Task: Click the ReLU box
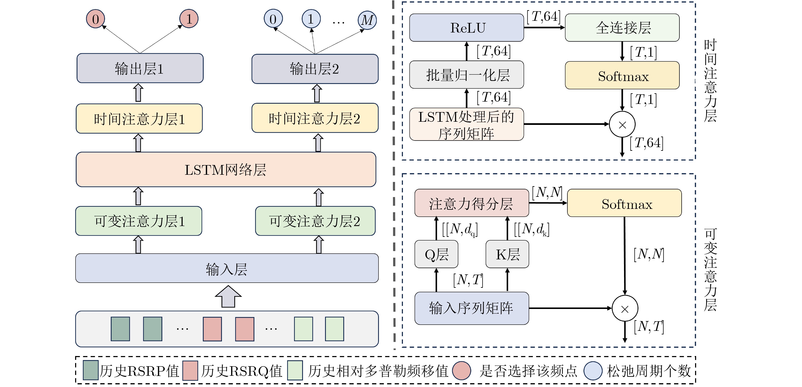coord(466,28)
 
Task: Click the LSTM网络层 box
coord(226,170)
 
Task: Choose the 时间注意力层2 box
coord(315,118)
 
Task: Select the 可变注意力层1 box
coord(139,221)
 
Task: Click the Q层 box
coord(436,254)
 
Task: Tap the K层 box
coord(507,254)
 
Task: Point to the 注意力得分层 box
coord(471,203)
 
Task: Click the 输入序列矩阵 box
coord(471,308)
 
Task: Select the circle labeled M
coord(367,20)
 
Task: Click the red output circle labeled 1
coord(189,19)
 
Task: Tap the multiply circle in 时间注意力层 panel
coord(622,124)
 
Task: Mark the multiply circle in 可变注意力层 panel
coord(625,308)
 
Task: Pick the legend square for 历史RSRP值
coord(91,370)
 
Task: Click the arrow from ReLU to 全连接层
coord(544,27)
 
